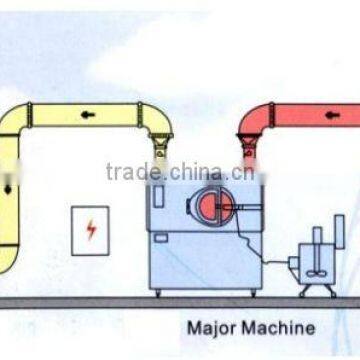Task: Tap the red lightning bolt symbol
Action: click(91, 231)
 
